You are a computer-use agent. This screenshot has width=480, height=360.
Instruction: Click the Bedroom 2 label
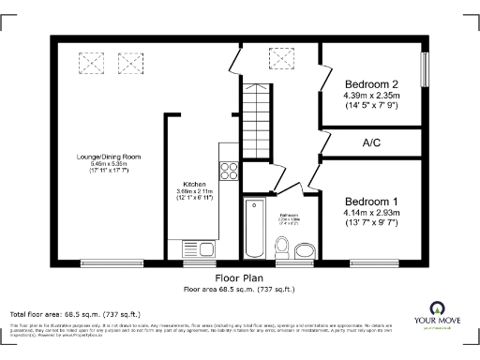tap(372, 82)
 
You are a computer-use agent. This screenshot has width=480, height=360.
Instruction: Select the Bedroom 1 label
tap(371, 202)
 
